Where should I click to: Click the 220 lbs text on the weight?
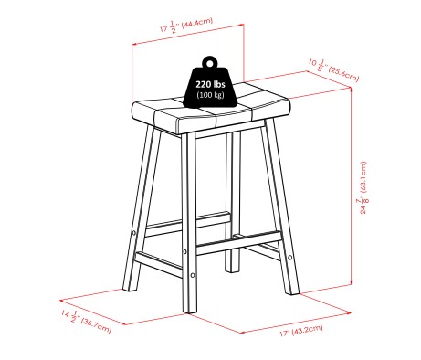(210, 84)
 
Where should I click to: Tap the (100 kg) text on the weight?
(210, 95)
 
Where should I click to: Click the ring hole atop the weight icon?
(210, 64)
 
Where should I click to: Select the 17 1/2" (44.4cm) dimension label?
(186, 26)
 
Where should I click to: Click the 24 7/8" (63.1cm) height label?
(363, 187)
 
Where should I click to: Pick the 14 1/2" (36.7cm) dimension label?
(87, 322)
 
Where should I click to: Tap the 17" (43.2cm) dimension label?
(301, 331)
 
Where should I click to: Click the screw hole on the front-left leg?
(134, 233)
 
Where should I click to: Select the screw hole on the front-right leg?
(289, 258)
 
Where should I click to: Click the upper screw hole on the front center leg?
(184, 252)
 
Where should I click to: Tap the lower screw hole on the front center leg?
(193, 275)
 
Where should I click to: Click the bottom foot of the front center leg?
(190, 311)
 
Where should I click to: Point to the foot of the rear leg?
(232, 270)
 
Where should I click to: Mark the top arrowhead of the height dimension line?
(351, 89)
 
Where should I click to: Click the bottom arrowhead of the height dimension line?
(352, 282)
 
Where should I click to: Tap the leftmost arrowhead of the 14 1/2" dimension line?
(61, 301)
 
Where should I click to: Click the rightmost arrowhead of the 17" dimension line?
(349, 312)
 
